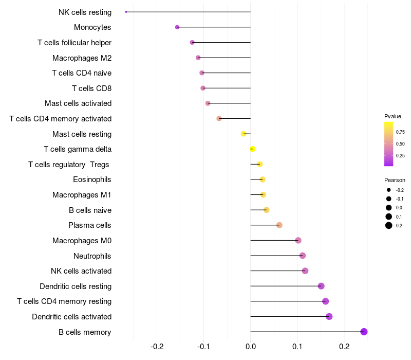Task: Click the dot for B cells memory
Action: click(364, 332)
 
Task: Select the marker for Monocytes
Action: click(177, 27)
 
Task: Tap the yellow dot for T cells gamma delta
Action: click(252, 149)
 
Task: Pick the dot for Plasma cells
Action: click(279, 225)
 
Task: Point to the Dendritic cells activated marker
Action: click(329, 317)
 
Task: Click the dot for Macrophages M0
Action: click(298, 241)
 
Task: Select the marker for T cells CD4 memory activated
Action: click(219, 119)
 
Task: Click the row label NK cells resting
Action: click(85, 12)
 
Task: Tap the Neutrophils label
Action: click(92, 256)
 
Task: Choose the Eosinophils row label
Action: click(92, 179)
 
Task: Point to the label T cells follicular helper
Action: click(74, 42)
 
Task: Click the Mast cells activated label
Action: click(78, 103)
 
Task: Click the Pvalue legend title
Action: click(393, 116)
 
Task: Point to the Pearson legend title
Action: click(395, 180)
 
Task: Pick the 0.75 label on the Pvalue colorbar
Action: click(400, 132)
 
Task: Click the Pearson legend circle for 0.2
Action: click(389, 225)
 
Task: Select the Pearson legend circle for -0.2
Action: click(389, 190)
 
